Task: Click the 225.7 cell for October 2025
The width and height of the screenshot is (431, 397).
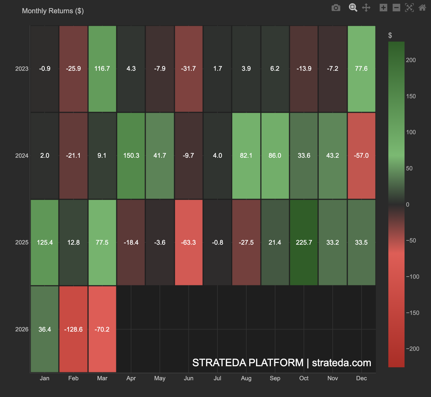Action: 304,242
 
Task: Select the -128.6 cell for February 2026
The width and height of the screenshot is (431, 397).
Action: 73,329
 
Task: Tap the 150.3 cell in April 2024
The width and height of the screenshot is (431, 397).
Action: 131,156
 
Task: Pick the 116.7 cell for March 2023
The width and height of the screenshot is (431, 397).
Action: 102,69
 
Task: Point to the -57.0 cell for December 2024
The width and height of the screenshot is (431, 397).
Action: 361,156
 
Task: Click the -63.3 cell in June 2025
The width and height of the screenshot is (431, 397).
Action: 188,242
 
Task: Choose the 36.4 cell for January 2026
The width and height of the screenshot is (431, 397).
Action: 45,329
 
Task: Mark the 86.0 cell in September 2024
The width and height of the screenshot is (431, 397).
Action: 275,156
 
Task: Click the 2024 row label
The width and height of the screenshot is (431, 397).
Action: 22,156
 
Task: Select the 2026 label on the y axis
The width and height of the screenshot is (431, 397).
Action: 22,329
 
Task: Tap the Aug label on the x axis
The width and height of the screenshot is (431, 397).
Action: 246,378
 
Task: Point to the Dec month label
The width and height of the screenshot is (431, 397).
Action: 361,378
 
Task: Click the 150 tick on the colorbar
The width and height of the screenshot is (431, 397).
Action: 411,96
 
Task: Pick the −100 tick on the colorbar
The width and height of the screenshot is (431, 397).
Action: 412,277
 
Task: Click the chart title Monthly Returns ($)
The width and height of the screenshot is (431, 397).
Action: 53,11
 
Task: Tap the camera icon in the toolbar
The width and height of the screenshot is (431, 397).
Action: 336,8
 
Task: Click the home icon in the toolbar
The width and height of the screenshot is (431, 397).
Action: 422,8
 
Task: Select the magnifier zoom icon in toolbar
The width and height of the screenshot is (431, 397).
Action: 353,8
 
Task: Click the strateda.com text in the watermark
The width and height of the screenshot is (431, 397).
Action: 341,363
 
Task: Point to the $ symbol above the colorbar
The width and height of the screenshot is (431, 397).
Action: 390,35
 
